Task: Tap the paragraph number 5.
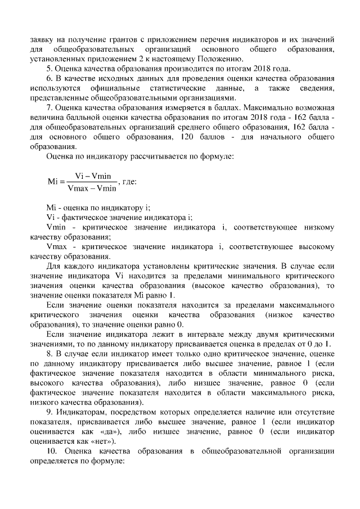point(49,69)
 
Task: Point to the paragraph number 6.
point(49,78)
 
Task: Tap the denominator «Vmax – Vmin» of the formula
point(92,188)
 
